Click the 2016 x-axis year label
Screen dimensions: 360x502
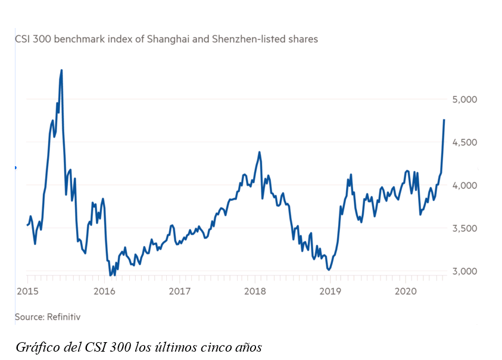pos(104,291)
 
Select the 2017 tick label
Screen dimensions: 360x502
pos(180,291)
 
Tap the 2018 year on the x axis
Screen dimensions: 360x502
pos(255,291)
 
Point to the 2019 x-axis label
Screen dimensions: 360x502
pos(329,291)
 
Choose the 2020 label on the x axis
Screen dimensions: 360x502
pos(405,291)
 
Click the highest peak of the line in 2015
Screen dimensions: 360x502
pos(61,70)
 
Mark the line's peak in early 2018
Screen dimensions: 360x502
pos(259,152)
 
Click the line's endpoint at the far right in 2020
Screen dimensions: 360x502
pos(444,120)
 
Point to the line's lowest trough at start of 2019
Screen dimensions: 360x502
pos(329,270)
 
